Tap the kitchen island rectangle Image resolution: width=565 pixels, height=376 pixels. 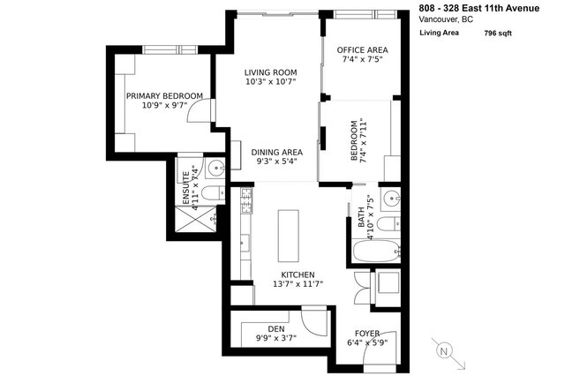pos(286,236)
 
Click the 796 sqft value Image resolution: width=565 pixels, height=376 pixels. pos(498,33)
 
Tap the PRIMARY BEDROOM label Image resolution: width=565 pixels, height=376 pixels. pos(164,95)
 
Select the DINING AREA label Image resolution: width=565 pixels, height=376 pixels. pos(276,151)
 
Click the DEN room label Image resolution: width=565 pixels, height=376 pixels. pos(276,328)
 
